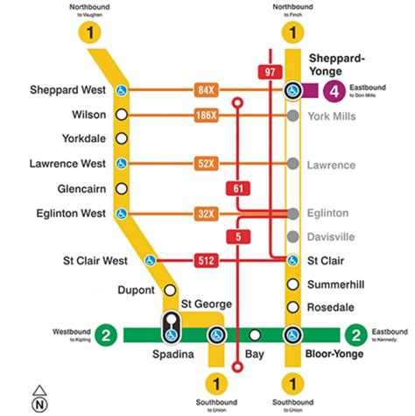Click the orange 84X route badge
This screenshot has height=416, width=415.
click(207, 89)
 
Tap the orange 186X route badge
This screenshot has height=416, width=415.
click(207, 115)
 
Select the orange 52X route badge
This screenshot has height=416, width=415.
click(207, 163)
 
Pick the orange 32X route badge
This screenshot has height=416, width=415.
click(207, 213)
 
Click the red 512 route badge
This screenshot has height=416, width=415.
click(207, 260)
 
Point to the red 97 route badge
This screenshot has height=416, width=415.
click(268, 72)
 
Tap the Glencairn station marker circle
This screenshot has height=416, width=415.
click(123, 187)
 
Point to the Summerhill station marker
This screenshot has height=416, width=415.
click(292, 284)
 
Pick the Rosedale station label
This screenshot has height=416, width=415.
click(330, 307)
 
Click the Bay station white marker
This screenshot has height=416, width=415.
click(255, 335)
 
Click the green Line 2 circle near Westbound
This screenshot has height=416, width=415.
click(106, 335)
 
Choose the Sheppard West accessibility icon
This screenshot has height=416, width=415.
click(123, 90)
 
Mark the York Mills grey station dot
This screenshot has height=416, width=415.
click(292, 115)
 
